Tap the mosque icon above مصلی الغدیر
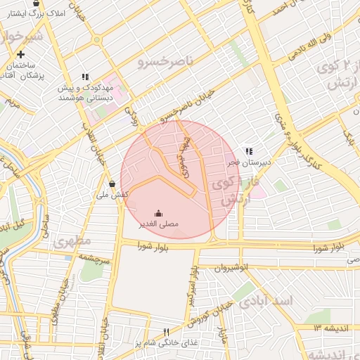(157, 213)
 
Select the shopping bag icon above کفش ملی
(112, 184)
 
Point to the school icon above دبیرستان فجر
(248, 150)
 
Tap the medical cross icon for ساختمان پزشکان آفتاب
(21, 54)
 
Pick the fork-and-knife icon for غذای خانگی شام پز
(167, 331)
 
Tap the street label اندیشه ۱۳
(332, 328)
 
